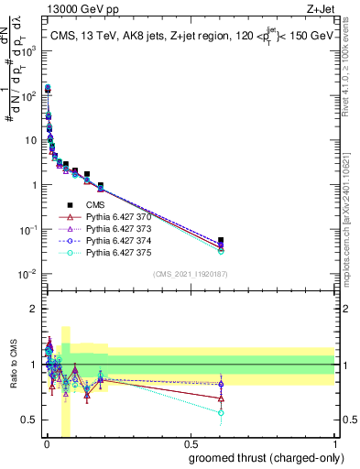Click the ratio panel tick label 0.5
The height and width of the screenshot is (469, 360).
(27, 420)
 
